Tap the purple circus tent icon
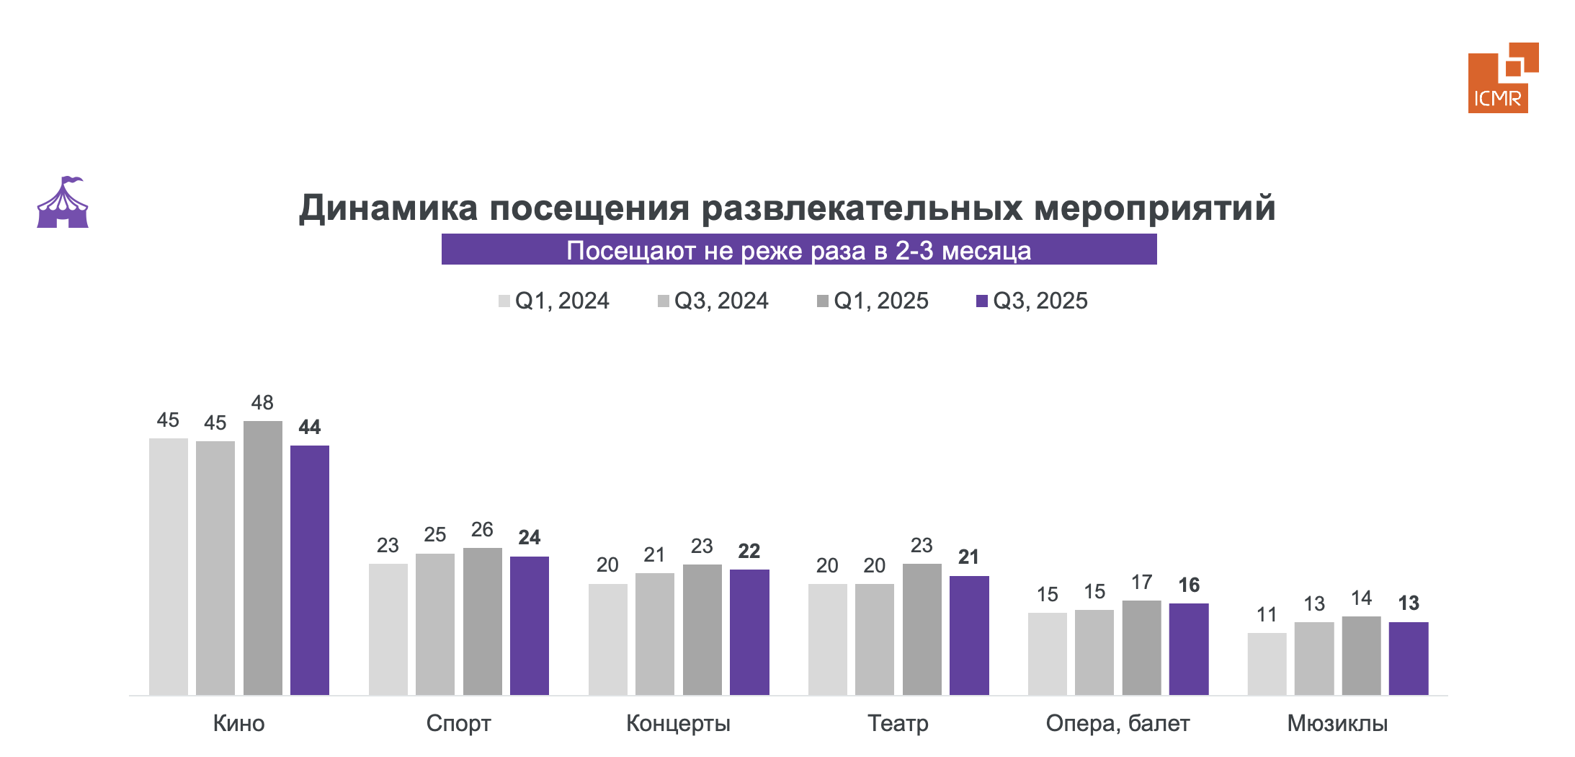[x=63, y=203]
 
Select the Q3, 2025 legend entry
[x=1032, y=301]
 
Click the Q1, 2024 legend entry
[x=554, y=301]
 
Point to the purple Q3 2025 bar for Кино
[x=310, y=570]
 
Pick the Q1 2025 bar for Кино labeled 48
[x=263, y=557]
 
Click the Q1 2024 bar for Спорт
[x=388, y=629]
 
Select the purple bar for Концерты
[x=749, y=632]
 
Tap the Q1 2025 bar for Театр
[x=922, y=629]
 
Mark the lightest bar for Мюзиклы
[x=1267, y=663]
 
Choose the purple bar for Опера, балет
[x=1189, y=649]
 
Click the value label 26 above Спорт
[x=482, y=530]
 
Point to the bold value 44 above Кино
[x=310, y=428]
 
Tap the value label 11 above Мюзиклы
[x=1267, y=615]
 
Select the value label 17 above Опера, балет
[x=1141, y=583]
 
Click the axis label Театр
[x=898, y=723]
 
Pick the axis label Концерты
[x=678, y=723]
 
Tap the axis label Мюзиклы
[x=1337, y=723]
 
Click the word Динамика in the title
[x=388, y=208]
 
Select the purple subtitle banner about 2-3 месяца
[x=798, y=250]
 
